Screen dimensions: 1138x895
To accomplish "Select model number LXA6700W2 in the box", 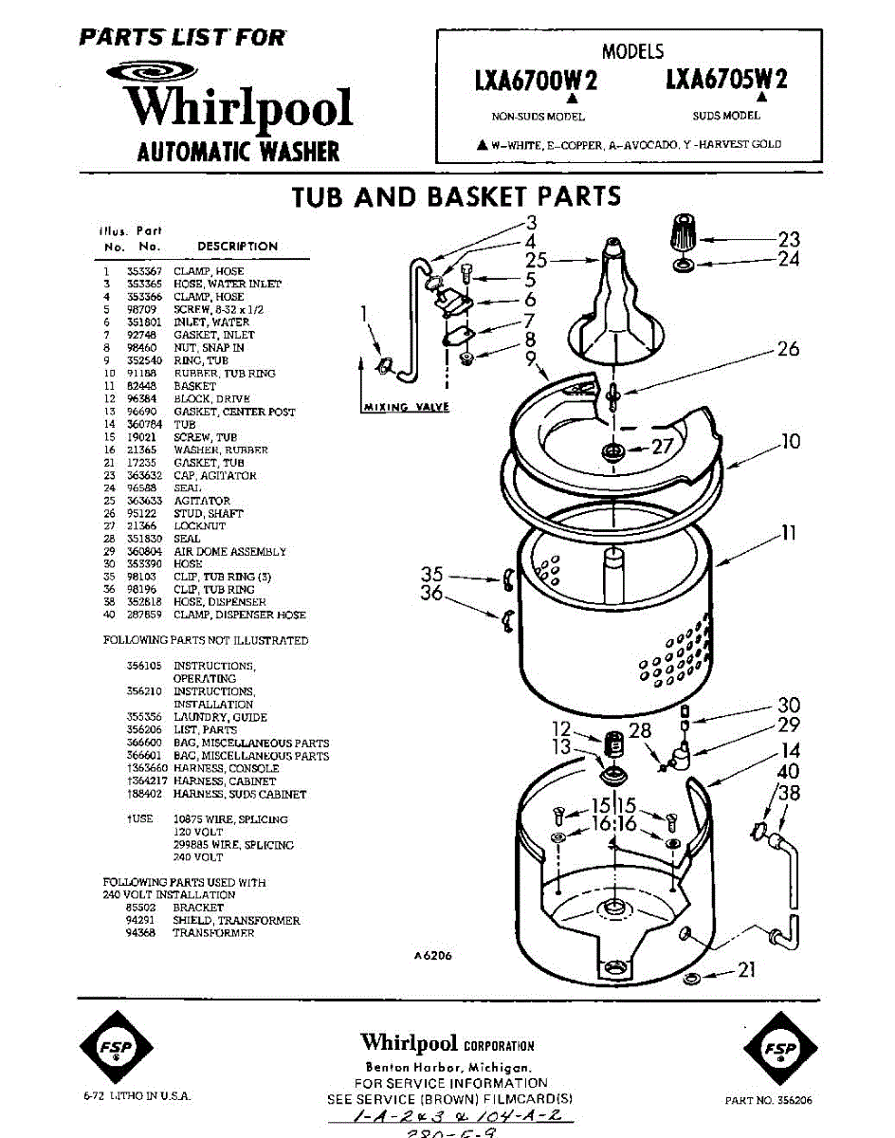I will (537, 82).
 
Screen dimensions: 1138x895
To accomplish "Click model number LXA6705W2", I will (726, 82).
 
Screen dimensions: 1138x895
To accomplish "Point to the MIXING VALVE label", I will (406, 408).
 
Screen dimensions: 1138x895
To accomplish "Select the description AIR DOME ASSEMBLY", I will (229, 551).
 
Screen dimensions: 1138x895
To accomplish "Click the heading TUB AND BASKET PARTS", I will (456, 196).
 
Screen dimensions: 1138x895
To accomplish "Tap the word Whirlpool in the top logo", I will (240, 107).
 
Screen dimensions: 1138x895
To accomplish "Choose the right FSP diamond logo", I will (777, 1048).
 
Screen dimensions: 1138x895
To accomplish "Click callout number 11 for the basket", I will (788, 535).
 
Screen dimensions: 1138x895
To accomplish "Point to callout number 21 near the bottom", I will (747, 968).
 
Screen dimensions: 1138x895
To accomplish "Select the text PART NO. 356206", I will (768, 1101).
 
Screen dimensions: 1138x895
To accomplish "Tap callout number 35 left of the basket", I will (432, 574).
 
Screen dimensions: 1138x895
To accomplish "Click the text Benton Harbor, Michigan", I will (447, 1067).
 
